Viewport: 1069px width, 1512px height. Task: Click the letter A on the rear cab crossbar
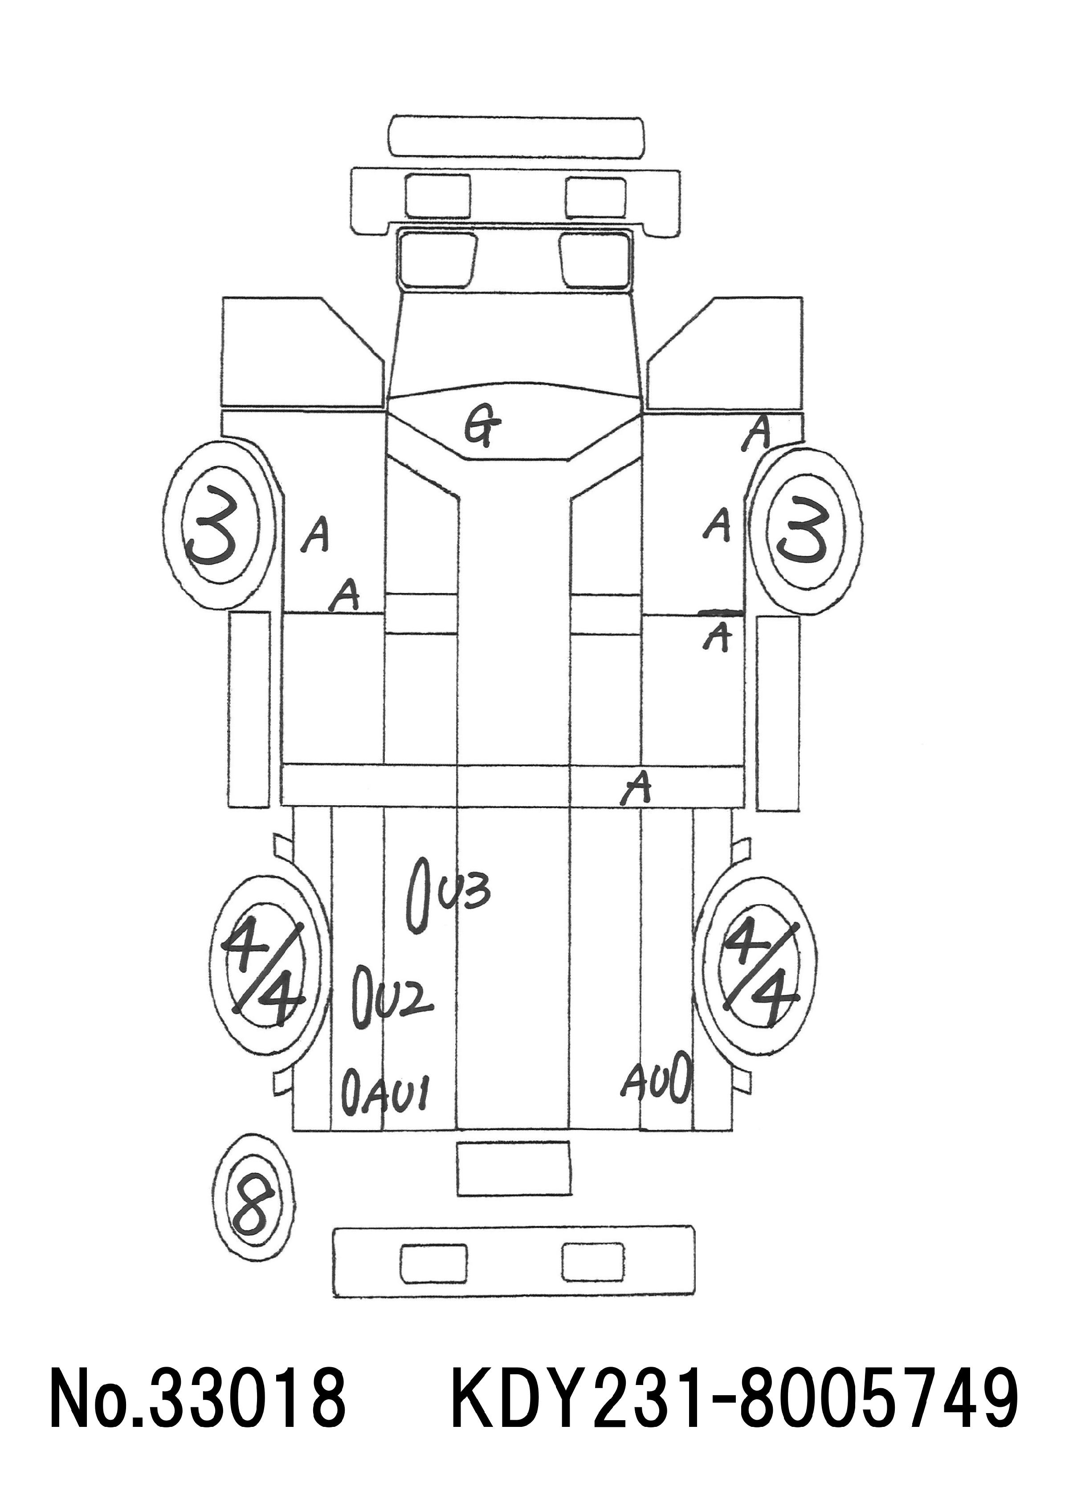[x=637, y=788]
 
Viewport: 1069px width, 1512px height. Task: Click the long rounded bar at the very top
[x=517, y=136]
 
